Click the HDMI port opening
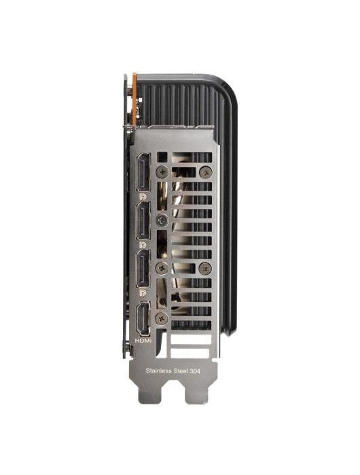click(x=143, y=318)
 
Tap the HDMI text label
click(x=143, y=341)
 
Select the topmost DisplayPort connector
click(x=143, y=172)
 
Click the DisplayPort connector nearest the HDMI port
click(x=143, y=268)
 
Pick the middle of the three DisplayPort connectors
click(x=143, y=221)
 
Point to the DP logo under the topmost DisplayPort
click(x=143, y=196)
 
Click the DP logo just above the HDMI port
click(x=143, y=292)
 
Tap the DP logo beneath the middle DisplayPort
click(x=143, y=244)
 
